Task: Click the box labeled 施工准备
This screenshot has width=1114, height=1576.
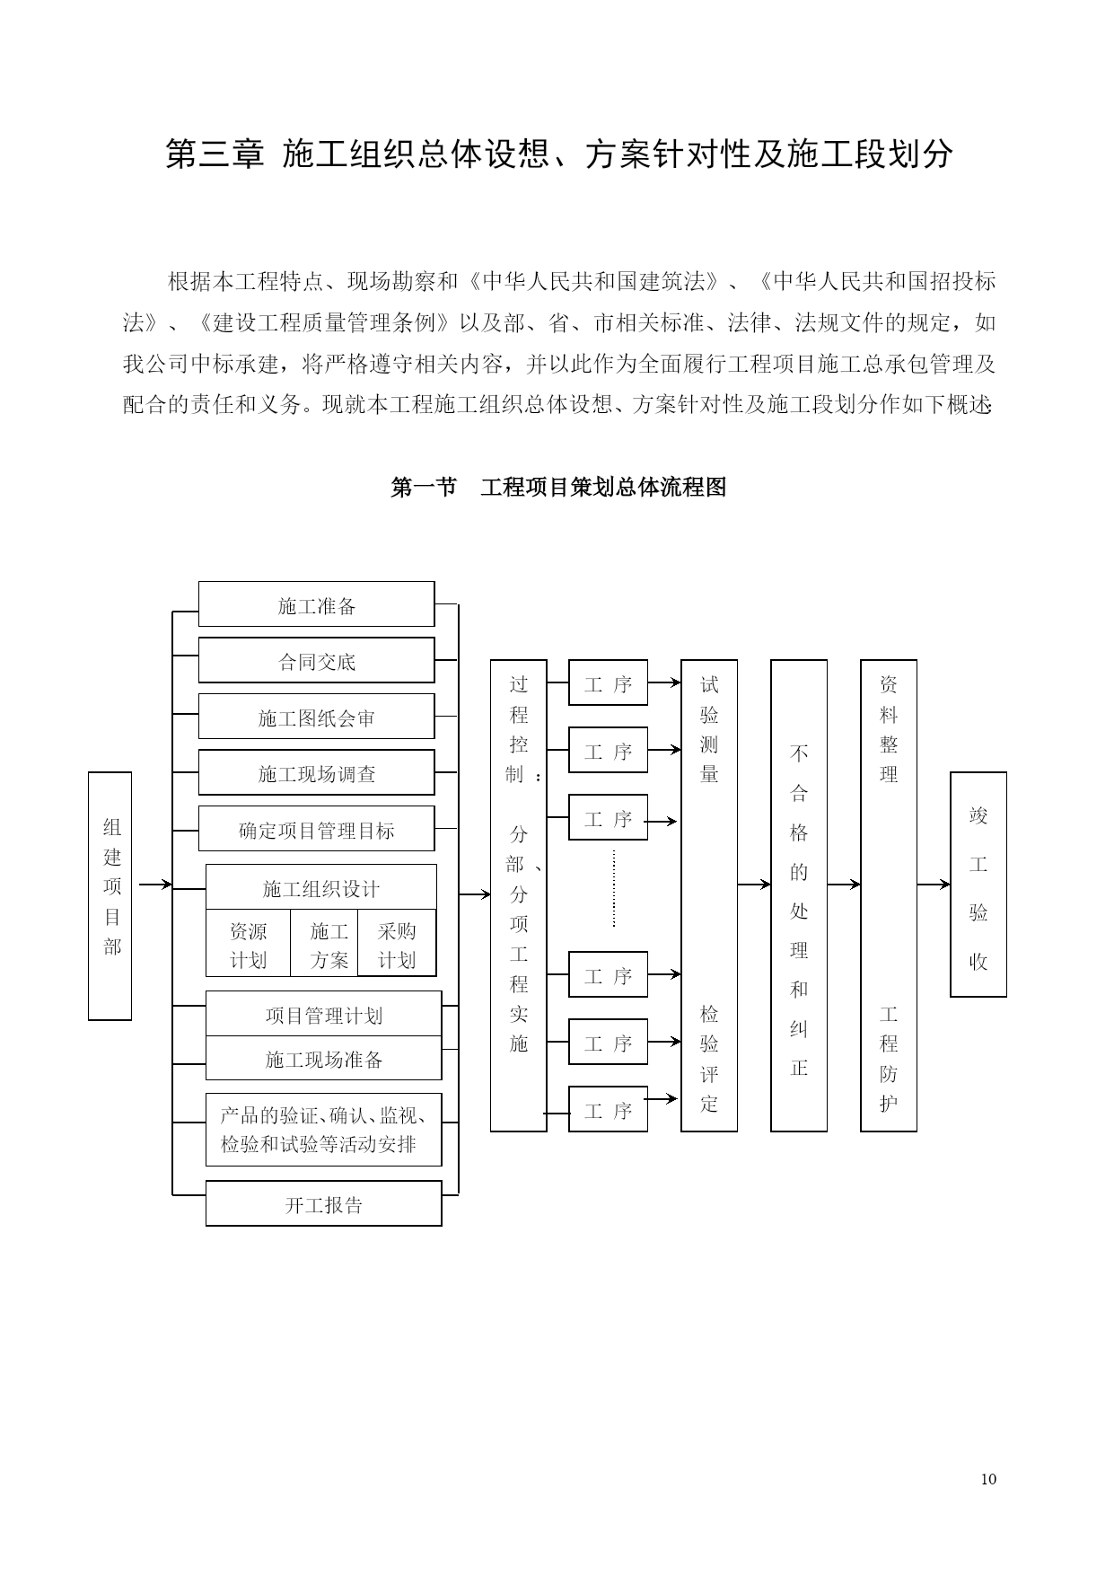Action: [316, 604]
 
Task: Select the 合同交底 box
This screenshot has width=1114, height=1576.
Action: [316, 660]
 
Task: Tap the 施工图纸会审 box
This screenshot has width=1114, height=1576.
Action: [316, 717]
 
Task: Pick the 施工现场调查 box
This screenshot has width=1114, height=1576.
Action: [316, 772]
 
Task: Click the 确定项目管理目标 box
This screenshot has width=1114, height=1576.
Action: [316, 829]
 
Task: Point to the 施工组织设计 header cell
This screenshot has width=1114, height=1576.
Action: [321, 887]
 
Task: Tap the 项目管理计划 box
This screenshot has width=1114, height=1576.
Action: [324, 1014]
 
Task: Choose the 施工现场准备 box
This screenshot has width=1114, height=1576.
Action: [324, 1058]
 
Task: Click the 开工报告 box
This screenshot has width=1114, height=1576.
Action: [324, 1203]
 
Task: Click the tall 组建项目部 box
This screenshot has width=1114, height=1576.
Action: [110, 896]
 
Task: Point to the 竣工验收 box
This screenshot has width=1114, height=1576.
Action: [978, 885]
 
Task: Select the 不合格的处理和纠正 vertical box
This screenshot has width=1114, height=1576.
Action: [799, 896]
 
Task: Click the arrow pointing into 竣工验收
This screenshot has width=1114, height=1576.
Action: [934, 885]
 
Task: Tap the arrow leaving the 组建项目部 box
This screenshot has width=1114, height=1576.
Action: [155, 885]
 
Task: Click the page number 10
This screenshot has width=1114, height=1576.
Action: [988, 1479]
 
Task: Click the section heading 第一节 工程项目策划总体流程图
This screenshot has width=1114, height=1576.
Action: [558, 488]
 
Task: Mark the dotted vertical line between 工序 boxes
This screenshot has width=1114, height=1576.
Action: [614, 889]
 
